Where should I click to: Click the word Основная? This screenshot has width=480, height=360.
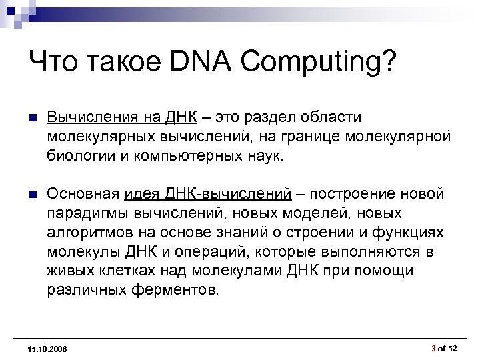pyautogui.click(x=83, y=194)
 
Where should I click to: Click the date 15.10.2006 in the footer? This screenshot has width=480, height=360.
pyautogui.click(x=48, y=349)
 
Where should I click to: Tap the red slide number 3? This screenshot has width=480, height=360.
pyautogui.click(x=434, y=348)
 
